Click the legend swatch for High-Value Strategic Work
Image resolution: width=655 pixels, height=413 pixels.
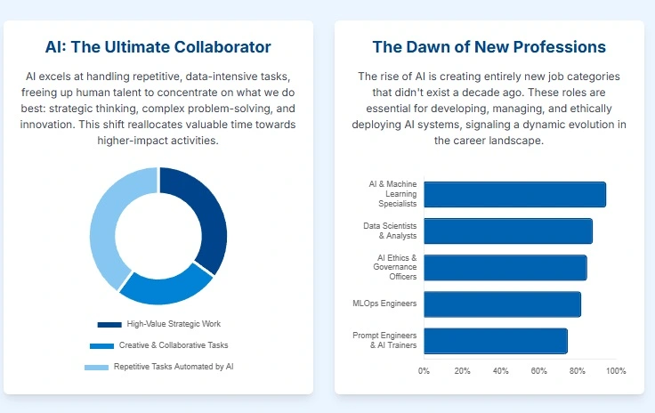click(109, 324)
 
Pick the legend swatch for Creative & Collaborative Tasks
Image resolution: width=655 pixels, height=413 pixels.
click(101, 345)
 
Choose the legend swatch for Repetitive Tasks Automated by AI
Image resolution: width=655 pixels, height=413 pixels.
click(96, 367)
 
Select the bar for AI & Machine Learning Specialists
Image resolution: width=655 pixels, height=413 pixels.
click(514, 195)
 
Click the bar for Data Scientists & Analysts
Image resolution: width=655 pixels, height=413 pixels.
click(507, 231)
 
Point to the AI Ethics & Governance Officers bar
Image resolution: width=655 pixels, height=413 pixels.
click(505, 268)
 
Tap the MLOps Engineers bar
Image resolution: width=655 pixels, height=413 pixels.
click(502, 304)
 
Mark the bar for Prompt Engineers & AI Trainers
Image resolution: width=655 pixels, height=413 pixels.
click(495, 341)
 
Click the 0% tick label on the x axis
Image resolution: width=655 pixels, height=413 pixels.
click(425, 371)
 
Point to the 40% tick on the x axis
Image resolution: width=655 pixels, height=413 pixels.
click(501, 371)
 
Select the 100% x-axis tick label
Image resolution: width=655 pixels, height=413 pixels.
click(616, 371)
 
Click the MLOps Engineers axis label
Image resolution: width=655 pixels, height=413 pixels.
click(384, 304)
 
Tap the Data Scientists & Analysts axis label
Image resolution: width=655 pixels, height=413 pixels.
click(390, 231)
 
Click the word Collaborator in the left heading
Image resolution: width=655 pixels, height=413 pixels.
click(217, 47)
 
